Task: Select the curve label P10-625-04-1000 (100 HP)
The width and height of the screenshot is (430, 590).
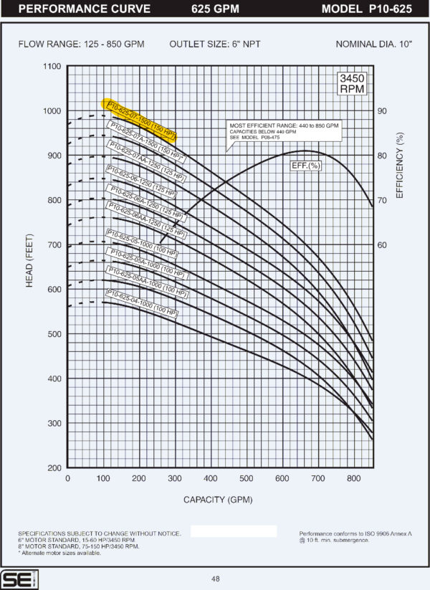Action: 140,303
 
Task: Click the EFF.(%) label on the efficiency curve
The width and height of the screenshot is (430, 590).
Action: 305,166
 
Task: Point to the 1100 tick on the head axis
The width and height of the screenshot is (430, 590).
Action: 52,67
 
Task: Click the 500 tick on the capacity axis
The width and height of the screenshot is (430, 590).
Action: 246,478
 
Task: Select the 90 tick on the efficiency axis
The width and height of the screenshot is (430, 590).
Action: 382,111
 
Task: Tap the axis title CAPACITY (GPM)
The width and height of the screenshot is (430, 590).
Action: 218,499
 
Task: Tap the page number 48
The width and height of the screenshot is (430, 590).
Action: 215,579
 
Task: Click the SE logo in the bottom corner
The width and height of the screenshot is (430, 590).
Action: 14,579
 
